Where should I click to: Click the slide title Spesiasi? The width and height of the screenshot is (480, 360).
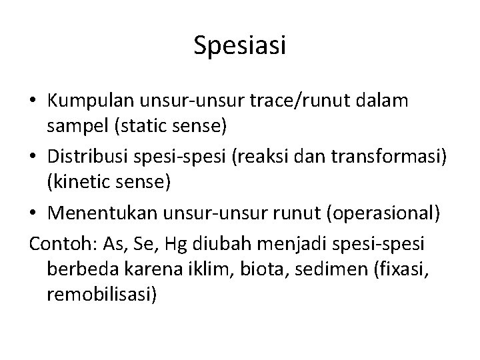pos(240,45)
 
